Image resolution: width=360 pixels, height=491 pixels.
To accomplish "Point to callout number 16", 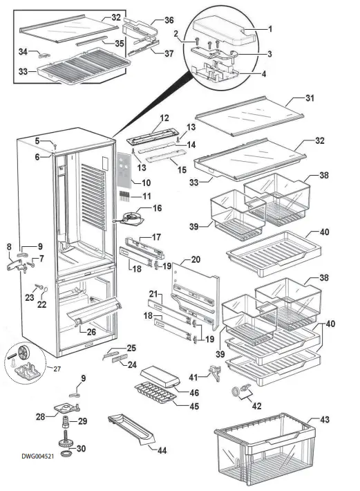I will pos(157,207).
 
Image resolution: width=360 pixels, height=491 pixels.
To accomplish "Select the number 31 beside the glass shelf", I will pos(310,98).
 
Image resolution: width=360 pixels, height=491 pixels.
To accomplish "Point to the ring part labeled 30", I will pos(68,454).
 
